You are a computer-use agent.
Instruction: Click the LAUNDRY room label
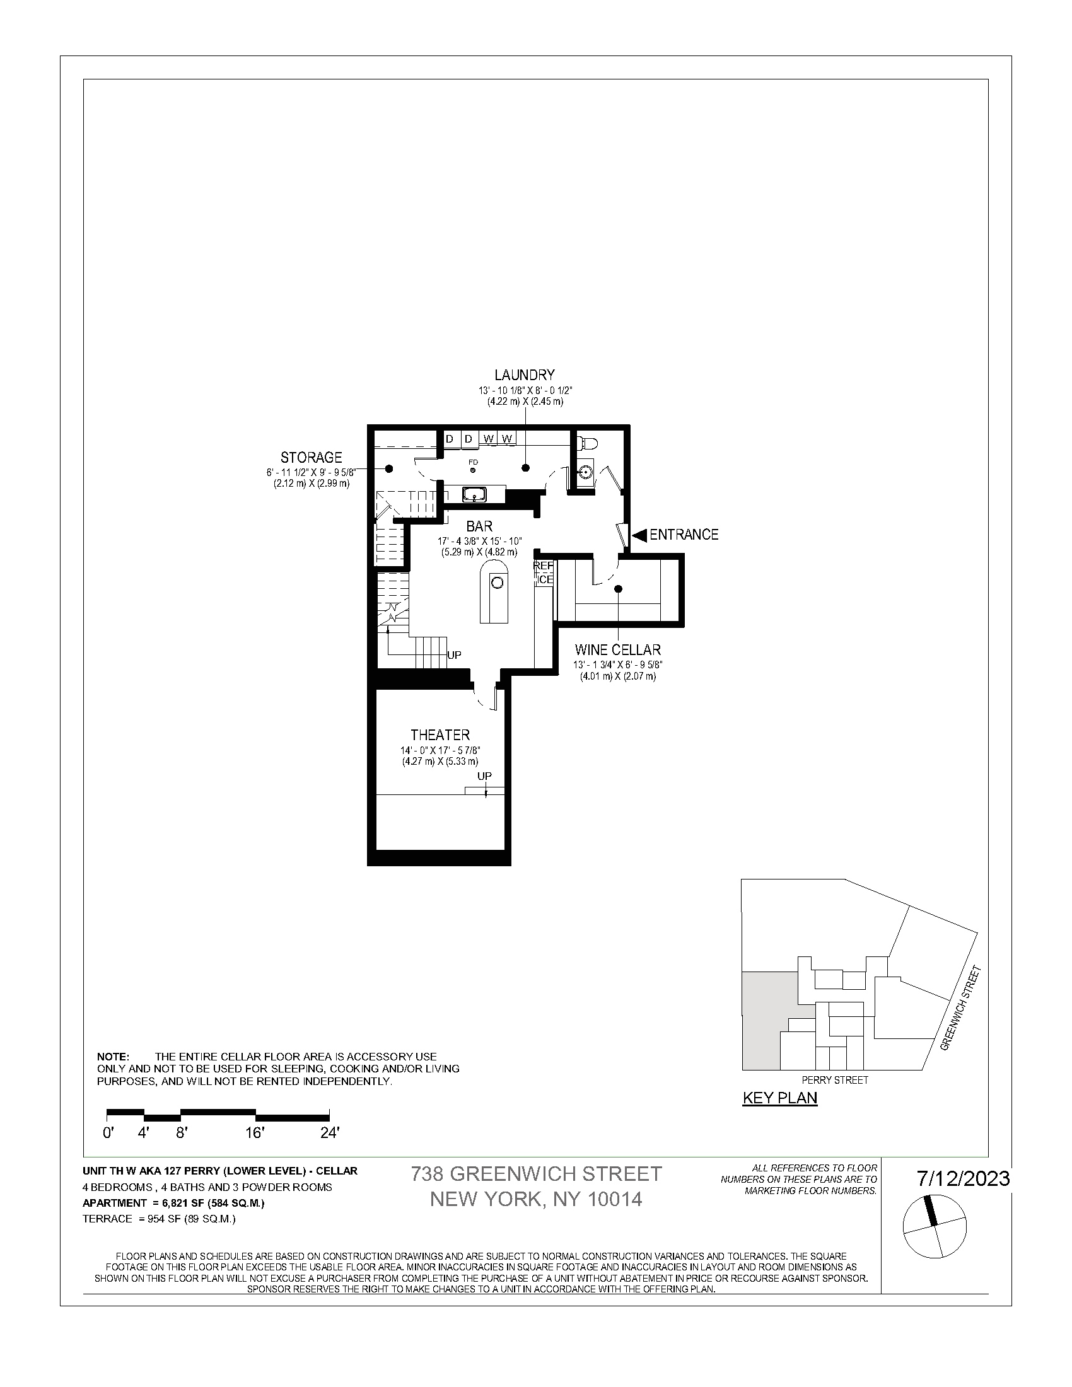coord(525,374)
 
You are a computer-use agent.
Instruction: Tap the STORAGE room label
coord(311,457)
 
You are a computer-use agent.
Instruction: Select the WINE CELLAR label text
coord(617,649)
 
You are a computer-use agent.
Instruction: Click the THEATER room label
coord(440,734)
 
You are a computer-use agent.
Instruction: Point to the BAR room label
coord(479,526)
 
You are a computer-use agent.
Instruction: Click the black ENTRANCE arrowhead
coord(639,535)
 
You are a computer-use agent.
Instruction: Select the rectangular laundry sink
coord(474,494)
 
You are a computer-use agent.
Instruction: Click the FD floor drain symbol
coord(473,470)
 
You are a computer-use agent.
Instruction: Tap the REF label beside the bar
coord(544,566)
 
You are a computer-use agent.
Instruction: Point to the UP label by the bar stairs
coord(454,655)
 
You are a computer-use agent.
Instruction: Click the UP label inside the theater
coord(484,776)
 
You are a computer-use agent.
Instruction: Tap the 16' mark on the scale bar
coord(255,1133)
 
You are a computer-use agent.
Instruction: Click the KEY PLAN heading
coord(780,1098)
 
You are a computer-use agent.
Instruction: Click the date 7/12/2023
coord(963,1178)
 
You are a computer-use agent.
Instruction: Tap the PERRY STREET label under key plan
coord(834,1079)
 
